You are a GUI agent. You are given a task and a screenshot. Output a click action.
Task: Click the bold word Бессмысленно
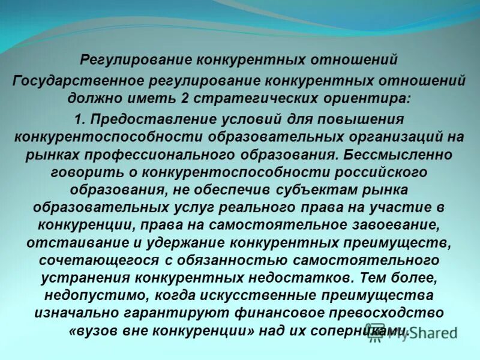pyautogui.click(x=400, y=154)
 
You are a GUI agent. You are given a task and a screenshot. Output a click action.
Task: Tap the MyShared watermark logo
pyautogui.click(x=415, y=334)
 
